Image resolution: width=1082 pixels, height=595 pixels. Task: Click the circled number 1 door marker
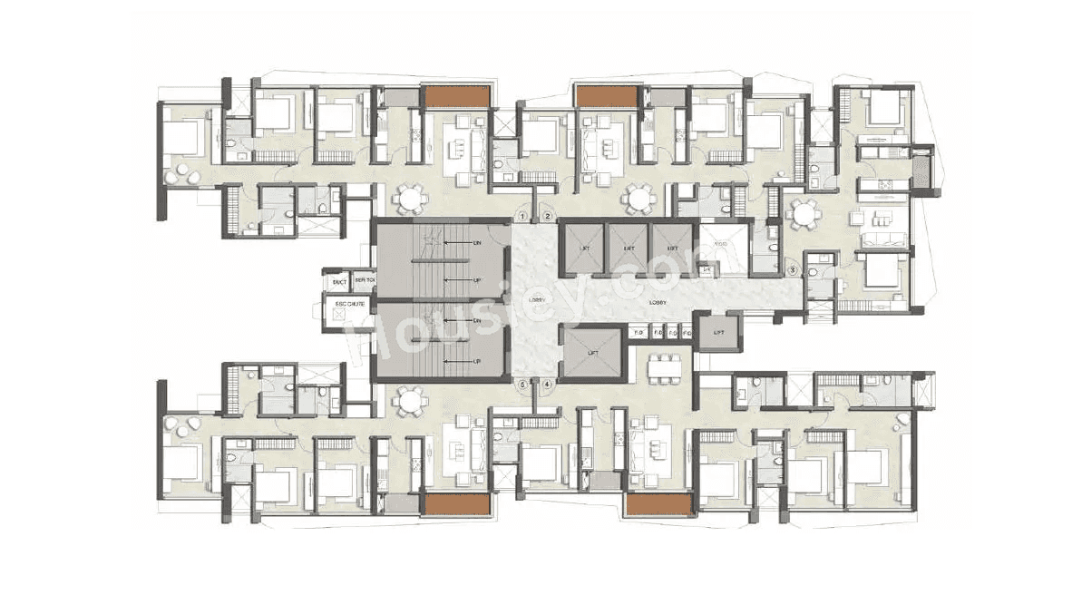click(x=523, y=216)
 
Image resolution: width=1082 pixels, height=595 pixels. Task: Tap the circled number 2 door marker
click(x=548, y=216)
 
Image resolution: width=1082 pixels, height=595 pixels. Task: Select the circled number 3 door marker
click(x=792, y=269)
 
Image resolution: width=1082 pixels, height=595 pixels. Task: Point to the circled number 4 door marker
click(x=548, y=385)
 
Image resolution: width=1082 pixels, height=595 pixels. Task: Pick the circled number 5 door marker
click(x=523, y=385)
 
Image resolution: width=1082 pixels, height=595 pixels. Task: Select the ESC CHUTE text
click(x=350, y=304)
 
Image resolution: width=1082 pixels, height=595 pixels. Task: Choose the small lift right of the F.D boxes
click(x=718, y=333)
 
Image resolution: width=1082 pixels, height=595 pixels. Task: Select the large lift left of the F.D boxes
click(x=591, y=348)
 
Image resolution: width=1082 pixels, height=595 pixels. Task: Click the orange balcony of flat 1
click(x=458, y=95)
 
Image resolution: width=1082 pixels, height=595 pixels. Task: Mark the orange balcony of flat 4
click(x=659, y=504)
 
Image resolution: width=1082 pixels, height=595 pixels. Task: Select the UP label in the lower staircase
click(x=476, y=361)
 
